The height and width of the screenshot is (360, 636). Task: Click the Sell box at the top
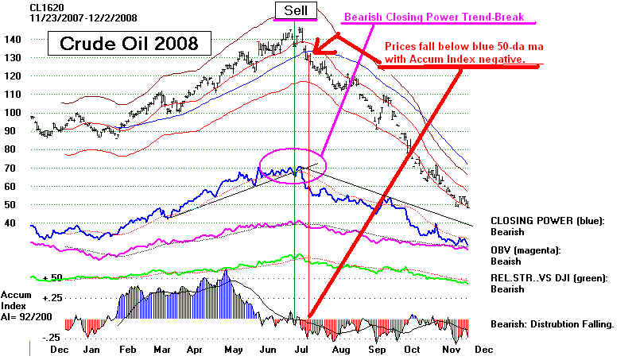click(x=296, y=10)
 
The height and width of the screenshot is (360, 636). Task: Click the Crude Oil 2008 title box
click(x=130, y=44)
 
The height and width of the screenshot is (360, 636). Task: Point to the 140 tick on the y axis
click(x=12, y=40)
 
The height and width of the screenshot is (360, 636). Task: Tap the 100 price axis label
click(x=12, y=113)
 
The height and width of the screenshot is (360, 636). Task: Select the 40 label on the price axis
click(x=10, y=223)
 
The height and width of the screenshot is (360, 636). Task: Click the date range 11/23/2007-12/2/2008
click(x=83, y=17)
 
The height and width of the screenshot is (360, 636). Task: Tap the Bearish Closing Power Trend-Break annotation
click(x=434, y=17)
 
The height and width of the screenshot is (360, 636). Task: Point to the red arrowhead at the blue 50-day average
click(x=320, y=51)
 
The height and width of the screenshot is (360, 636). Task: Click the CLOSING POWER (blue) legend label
click(x=548, y=221)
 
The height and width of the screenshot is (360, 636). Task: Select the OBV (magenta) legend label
click(x=525, y=250)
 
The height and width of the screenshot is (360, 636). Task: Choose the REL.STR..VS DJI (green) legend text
click(x=549, y=278)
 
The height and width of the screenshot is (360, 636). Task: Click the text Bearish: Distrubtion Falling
click(x=552, y=324)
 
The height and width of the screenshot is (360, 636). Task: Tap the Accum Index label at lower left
click(x=16, y=300)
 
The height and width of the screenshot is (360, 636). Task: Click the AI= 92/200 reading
click(x=26, y=316)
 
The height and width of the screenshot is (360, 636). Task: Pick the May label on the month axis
click(x=234, y=350)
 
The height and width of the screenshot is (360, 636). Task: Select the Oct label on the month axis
click(x=412, y=350)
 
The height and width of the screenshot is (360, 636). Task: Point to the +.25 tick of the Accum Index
click(x=52, y=298)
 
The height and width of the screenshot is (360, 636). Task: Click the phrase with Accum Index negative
click(x=455, y=59)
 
